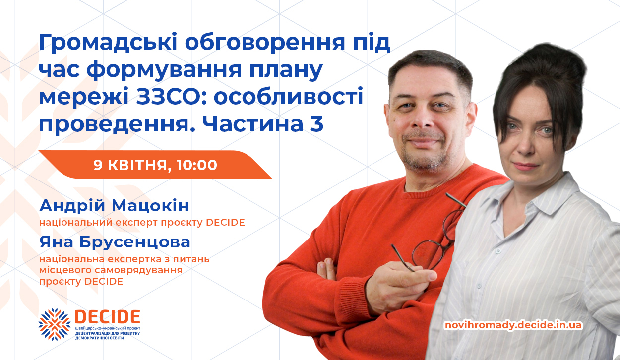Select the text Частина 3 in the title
coord(263,123)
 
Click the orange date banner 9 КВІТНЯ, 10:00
coord(155,165)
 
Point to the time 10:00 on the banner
coord(196,165)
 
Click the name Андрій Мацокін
coord(114,206)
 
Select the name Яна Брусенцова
coord(115,242)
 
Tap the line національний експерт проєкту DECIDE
coord(142,222)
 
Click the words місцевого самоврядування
coord(111,270)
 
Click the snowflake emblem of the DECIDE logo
coord(54,324)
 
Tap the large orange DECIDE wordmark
coord(108,317)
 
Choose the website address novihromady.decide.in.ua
coord(513,325)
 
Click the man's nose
coord(423,122)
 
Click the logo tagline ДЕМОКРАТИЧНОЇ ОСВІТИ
coord(100,338)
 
